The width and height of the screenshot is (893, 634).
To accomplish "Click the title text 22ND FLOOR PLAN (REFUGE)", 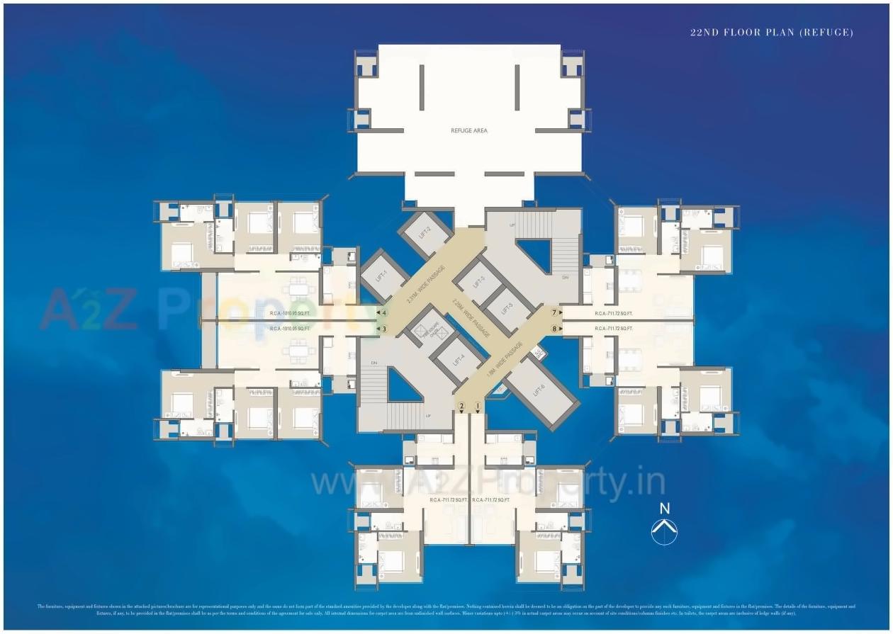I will (772, 33).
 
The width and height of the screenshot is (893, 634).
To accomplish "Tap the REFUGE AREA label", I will (469, 131).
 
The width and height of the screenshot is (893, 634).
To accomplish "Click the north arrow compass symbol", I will (664, 531).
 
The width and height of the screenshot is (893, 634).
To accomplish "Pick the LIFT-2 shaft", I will (425, 232).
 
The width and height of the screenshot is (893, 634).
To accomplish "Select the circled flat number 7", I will (555, 312).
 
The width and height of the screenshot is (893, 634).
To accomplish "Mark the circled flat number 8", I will (555, 329).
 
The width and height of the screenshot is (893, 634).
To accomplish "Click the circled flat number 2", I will (461, 407).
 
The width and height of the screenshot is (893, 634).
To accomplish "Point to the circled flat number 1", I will (478, 407).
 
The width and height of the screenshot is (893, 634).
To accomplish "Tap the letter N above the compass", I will (664, 509).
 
